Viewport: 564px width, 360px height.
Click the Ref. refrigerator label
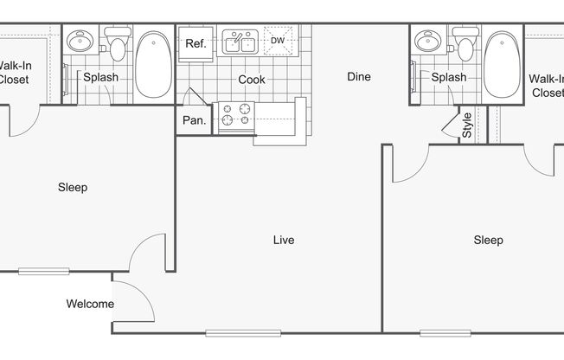pyautogui.click(x=195, y=44)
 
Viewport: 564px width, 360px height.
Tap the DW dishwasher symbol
pyautogui.click(x=278, y=41)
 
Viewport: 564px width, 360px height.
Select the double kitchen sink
pyautogui.click(x=240, y=42)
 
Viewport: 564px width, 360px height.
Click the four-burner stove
pyautogui.click(x=236, y=114)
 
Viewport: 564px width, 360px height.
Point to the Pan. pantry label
pyautogui.click(x=195, y=120)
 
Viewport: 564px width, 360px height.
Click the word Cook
pyautogui.click(x=252, y=80)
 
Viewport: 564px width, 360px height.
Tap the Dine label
pyautogui.click(x=359, y=77)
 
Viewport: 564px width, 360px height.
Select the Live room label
pyautogui.click(x=284, y=240)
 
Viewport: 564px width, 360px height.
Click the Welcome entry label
pyautogui.click(x=90, y=304)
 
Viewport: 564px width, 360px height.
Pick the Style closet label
pyautogui.click(x=466, y=125)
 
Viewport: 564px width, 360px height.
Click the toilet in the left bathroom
pyautogui.click(x=118, y=44)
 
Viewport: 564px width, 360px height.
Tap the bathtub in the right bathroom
pyautogui.click(x=502, y=64)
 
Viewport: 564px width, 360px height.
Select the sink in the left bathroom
pyautogui.click(x=80, y=41)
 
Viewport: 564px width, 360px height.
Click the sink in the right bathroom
pyautogui.click(x=428, y=41)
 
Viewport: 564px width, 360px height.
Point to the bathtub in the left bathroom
pyautogui.click(x=154, y=64)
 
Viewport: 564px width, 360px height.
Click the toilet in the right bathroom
pyautogui.click(x=465, y=44)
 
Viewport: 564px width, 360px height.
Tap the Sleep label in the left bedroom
pyautogui.click(x=73, y=188)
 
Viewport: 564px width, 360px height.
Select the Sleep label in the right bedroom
pyautogui.click(x=488, y=240)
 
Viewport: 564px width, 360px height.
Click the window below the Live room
pyautogui.click(x=243, y=333)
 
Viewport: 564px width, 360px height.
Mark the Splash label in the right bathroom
pyautogui.click(x=449, y=77)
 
